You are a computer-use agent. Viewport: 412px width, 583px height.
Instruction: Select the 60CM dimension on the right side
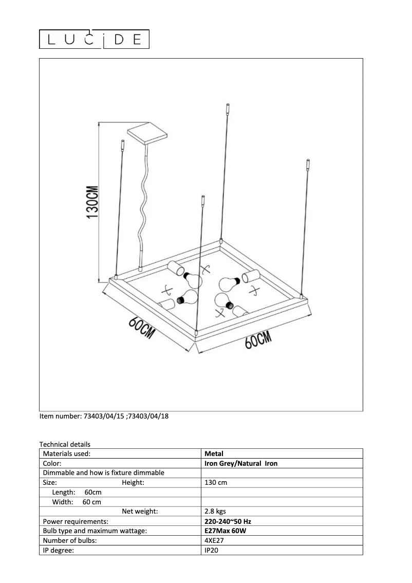(257, 340)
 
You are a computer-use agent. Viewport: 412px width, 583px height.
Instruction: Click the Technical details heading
(65, 444)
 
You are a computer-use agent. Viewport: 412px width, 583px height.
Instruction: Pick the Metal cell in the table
(214, 454)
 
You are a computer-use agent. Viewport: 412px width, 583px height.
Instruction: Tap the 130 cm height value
(216, 483)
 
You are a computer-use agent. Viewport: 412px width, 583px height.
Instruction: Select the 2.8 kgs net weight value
(215, 512)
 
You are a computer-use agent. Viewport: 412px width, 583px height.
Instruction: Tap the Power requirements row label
(76, 521)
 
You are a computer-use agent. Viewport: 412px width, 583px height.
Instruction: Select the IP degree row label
(59, 551)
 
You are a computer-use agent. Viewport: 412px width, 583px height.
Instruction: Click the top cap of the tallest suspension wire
(228, 109)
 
